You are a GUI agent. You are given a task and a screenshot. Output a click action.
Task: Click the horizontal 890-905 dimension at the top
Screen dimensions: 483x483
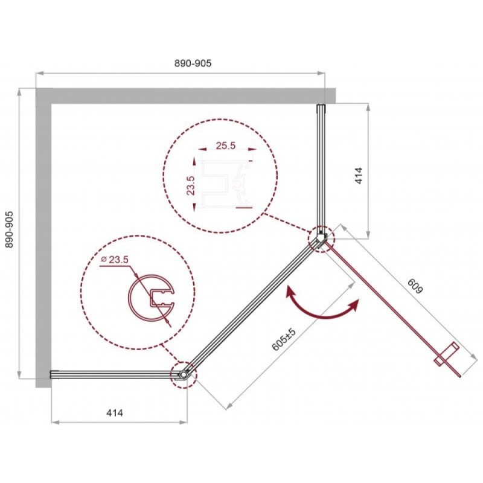click(x=193, y=63)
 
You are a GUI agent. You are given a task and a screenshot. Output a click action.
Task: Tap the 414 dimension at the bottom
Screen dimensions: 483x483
click(x=115, y=413)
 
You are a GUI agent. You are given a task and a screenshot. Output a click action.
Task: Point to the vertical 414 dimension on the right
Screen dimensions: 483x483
click(x=359, y=176)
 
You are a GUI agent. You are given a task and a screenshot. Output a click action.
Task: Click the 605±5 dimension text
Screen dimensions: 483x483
click(x=284, y=339)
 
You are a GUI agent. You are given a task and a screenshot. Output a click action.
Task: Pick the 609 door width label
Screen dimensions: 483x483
click(x=415, y=286)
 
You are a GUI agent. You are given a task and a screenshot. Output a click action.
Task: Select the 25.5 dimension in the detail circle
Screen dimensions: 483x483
click(x=225, y=146)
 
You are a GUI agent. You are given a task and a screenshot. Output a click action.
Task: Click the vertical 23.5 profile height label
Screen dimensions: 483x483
click(x=191, y=185)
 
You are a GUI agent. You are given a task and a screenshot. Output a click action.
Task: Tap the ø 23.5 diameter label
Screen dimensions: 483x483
click(x=115, y=260)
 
